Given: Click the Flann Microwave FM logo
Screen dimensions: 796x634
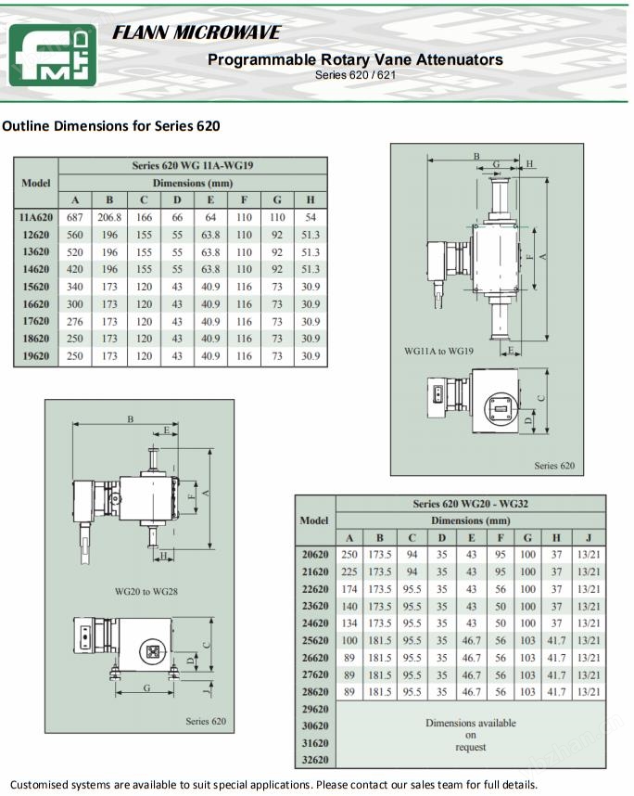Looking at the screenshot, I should coord(53,55).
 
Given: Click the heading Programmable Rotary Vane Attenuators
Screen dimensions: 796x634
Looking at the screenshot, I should coord(355,59).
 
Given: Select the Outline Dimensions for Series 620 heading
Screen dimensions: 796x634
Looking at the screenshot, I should coord(111,125).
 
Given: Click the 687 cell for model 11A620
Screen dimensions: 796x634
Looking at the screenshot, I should coord(75,217).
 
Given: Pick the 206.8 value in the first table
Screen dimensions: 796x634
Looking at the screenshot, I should coord(109,217).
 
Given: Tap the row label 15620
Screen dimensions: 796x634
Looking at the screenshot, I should coord(35,287).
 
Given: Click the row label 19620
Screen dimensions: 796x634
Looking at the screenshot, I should coord(35,356).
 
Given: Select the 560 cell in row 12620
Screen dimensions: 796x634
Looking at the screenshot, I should coord(75,235).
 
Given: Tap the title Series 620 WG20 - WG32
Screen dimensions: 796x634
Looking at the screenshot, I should coord(470,504).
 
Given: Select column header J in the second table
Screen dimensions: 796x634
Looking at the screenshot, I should coord(589,537).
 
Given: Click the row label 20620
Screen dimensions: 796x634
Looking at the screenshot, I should coord(315,555).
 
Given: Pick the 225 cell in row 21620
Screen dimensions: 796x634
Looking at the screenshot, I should coord(349,572).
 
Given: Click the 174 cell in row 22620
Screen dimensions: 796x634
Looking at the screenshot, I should coord(349,589).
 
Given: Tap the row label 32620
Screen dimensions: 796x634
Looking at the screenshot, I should coord(315,761).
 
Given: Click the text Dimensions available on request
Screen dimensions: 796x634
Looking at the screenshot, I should coord(470,735).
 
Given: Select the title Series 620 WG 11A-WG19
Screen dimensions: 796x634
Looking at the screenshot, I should coord(193,165).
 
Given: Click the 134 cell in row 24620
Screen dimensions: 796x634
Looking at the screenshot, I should coord(349,623).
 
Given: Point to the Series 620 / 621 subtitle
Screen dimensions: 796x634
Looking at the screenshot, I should coord(355,74).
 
